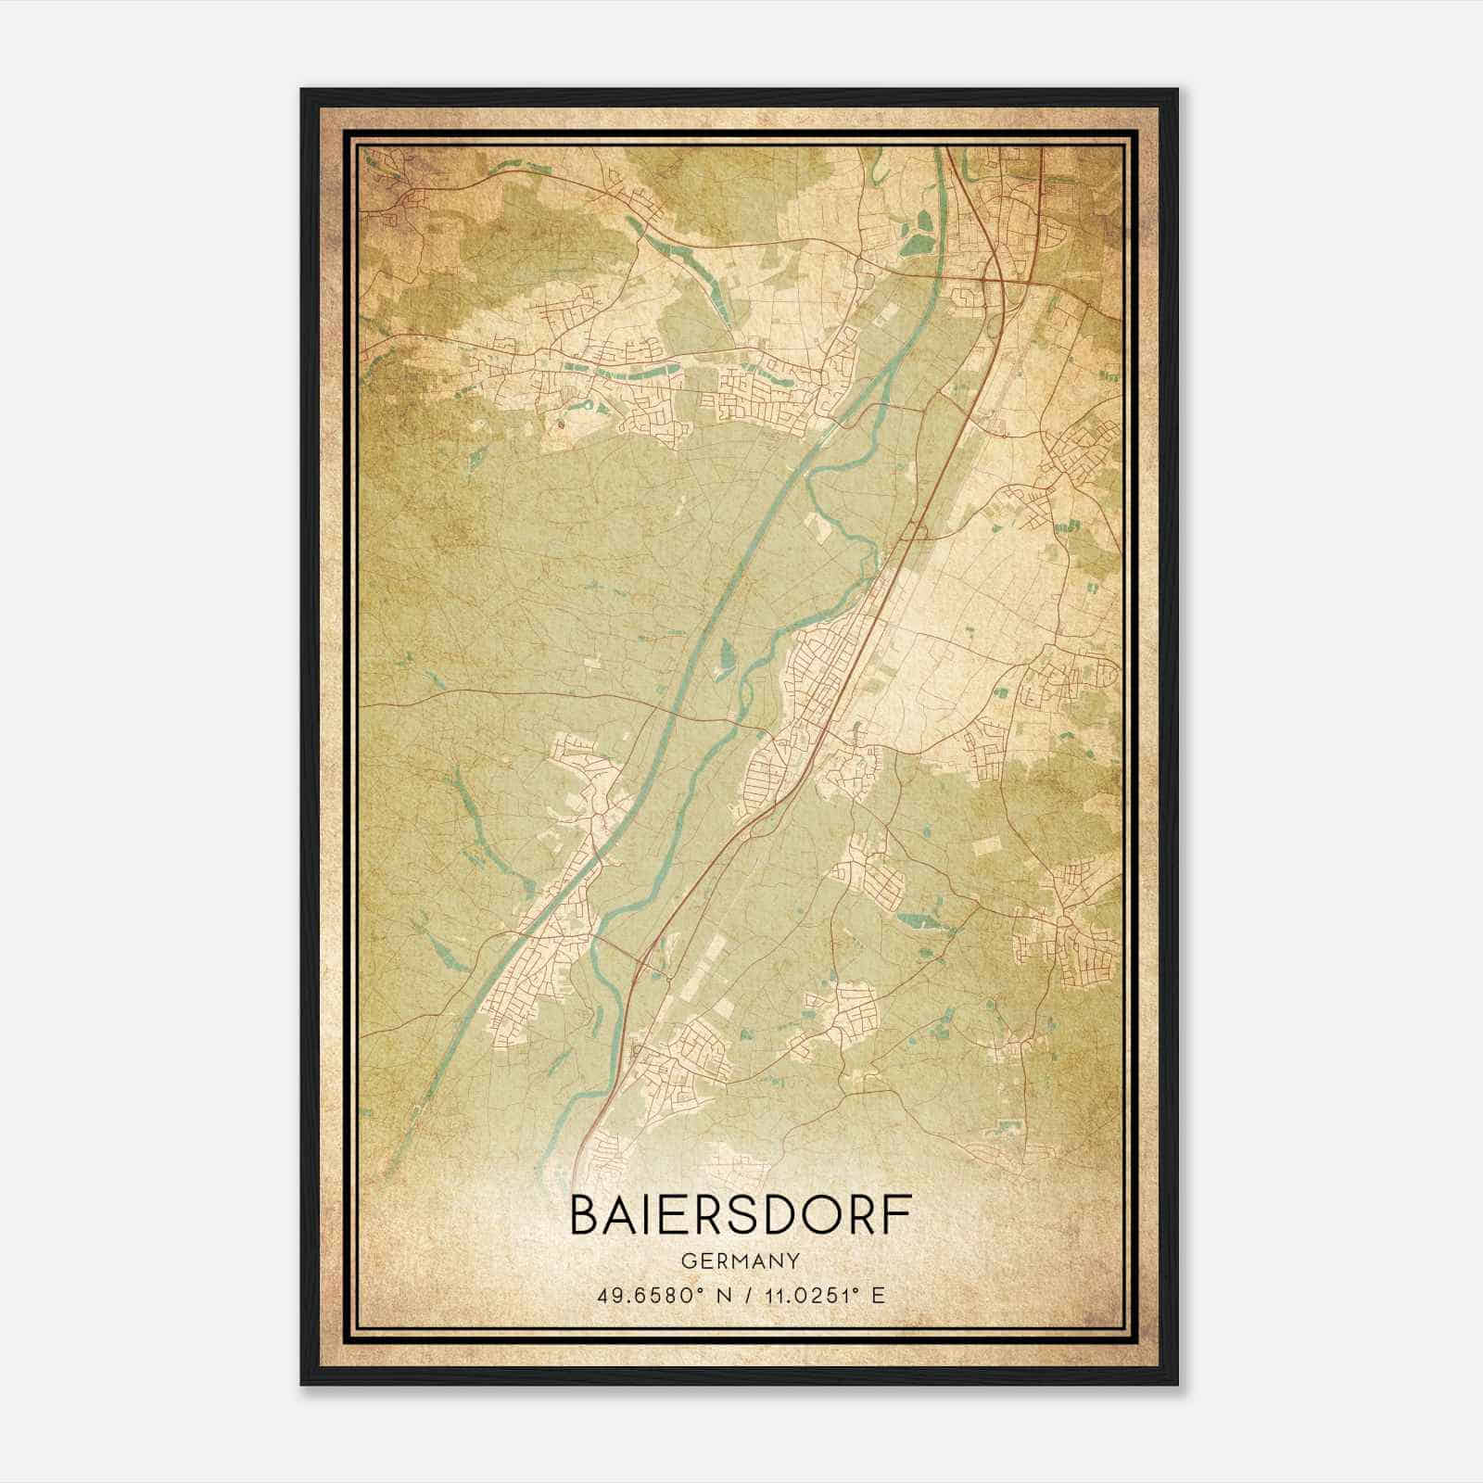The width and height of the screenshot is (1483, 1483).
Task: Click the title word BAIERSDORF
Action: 741,1215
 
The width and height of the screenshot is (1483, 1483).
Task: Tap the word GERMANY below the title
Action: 741,1261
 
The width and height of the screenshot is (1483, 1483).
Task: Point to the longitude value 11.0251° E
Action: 819,1294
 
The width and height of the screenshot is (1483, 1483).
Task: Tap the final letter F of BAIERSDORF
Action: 896,1215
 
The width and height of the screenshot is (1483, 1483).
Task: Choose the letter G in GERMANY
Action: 687,1261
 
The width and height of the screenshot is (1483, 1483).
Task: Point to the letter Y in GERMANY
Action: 794,1261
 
